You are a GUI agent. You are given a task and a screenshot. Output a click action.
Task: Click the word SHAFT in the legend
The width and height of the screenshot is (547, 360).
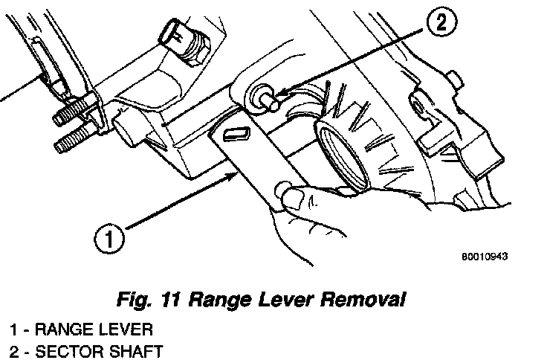(131, 350)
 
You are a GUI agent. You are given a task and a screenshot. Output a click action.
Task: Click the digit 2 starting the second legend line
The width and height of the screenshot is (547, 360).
(14, 350)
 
